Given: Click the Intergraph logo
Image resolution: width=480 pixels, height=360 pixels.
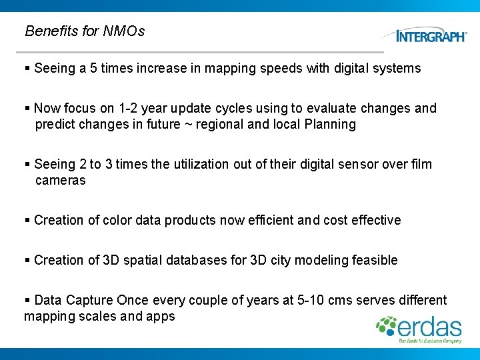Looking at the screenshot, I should coord(430,36).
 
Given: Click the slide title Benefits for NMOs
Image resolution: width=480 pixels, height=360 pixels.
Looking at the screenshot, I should coord(84,31).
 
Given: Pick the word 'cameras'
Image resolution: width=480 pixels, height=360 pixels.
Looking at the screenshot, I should coord(60,180).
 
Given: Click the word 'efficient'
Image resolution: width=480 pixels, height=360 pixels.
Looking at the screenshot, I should coord(283,220).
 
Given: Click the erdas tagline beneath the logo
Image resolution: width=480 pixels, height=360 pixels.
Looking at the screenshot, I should coord(430,341).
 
